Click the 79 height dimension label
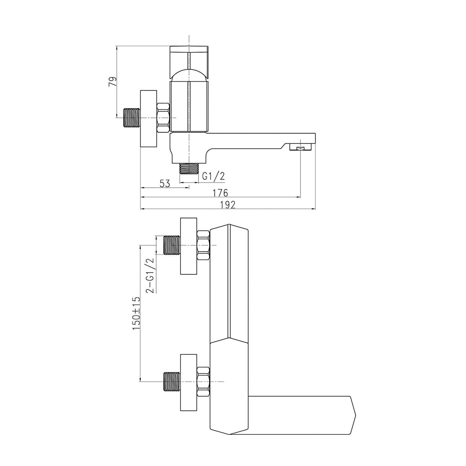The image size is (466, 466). [113, 81]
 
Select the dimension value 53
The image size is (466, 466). [164, 184]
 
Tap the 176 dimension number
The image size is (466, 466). [220, 193]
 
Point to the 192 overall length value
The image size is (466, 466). [228, 205]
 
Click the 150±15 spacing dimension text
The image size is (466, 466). [137, 313]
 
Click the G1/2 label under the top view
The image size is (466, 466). [213, 177]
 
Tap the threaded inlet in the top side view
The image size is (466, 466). [132, 118]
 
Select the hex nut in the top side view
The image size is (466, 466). [163, 118]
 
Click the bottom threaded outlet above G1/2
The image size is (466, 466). [189, 169]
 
